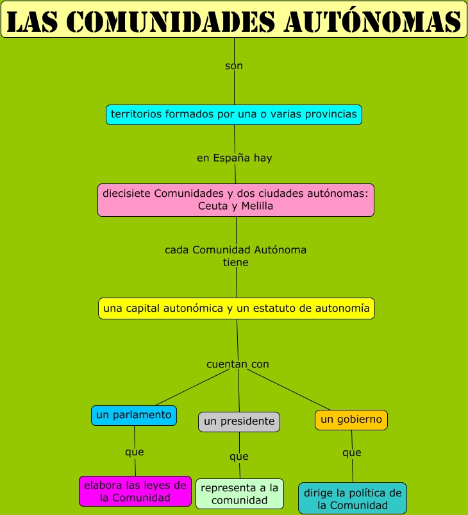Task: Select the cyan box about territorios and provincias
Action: (234, 114)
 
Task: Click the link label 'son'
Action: (234, 66)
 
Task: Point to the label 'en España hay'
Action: (235, 158)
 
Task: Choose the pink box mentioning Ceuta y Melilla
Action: (236, 199)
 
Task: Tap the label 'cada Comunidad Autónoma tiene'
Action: (235, 256)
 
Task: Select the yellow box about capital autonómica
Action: (237, 308)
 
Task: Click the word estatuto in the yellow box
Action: (285, 308)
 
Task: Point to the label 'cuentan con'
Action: (238, 364)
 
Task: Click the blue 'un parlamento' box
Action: (134, 415)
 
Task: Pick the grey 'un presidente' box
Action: (239, 421)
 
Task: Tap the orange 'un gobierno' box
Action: (351, 419)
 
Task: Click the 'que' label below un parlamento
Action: (135, 452)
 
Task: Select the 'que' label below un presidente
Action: (239, 457)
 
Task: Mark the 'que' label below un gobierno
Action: (352, 453)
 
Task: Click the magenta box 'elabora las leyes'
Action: (135, 491)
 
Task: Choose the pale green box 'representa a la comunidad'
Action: (240, 494)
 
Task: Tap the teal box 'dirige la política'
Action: (353, 498)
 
